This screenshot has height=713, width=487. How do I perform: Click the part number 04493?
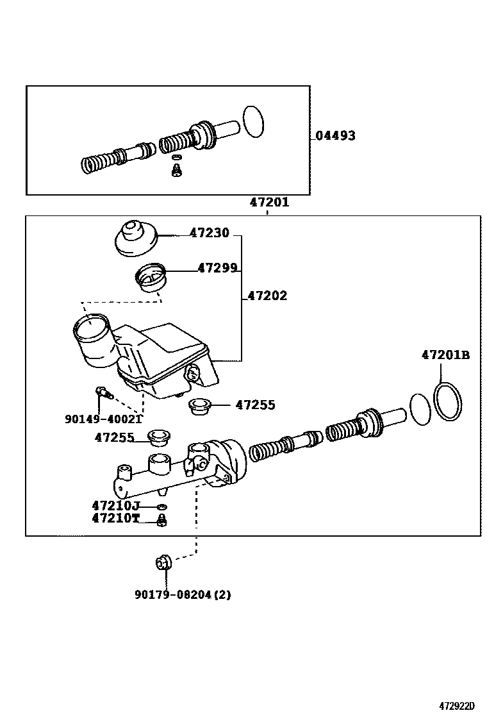(335, 136)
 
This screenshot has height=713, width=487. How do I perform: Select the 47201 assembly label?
(269, 203)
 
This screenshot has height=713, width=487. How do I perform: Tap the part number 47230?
(209, 234)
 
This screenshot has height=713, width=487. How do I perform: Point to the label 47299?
(218, 269)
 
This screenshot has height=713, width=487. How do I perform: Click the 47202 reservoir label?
(267, 296)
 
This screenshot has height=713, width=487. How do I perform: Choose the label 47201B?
(445, 355)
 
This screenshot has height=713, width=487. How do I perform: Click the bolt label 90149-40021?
(103, 419)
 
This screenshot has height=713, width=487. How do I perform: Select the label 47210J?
(115, 506)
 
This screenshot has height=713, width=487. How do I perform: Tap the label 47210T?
(115, 518)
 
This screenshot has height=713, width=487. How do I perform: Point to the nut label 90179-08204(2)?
(183, 594)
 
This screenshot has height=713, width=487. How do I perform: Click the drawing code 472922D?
(457, 706)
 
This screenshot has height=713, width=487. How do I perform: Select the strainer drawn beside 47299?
(151, 278)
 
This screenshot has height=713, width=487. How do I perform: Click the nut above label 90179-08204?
(162, 562)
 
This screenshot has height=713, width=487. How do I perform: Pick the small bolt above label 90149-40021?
(103, 392)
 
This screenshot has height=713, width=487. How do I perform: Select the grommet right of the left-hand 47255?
(157, 438)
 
